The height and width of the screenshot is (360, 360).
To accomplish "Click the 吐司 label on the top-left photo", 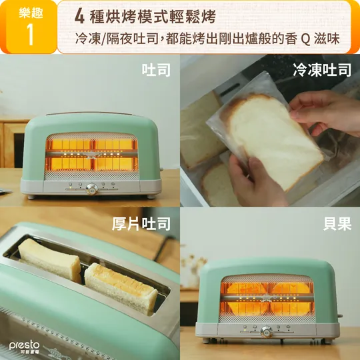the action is click(x=156, y=70).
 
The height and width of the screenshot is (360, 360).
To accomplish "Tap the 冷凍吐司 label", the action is click(x=322, y=70).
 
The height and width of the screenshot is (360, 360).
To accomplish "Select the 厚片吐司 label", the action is click(x=141, y=223).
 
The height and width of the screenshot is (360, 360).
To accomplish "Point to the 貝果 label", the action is click(x=337, y=223).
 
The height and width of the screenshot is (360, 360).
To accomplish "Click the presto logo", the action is click(x=25, y=347).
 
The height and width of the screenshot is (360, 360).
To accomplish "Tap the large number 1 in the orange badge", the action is click(x=31, y=34).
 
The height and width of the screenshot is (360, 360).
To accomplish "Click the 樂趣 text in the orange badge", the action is click(x=31, y=13).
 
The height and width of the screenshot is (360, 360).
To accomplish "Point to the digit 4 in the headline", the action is click(x=79, y=17).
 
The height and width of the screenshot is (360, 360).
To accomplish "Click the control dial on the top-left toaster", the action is click(x=92, y=189).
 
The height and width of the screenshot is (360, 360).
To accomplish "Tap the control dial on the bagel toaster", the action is click(x=267, y=332).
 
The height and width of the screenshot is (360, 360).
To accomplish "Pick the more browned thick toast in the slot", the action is click(x=121, y=289).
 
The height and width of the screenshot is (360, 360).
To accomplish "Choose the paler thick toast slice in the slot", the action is click(x=49, y=260).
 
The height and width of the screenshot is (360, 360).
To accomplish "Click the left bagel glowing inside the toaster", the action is click(x=246, y=299).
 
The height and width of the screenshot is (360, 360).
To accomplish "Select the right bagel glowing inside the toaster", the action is click(x=291, y=299).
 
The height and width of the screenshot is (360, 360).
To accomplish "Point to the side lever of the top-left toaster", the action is click(x=161, y=169).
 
